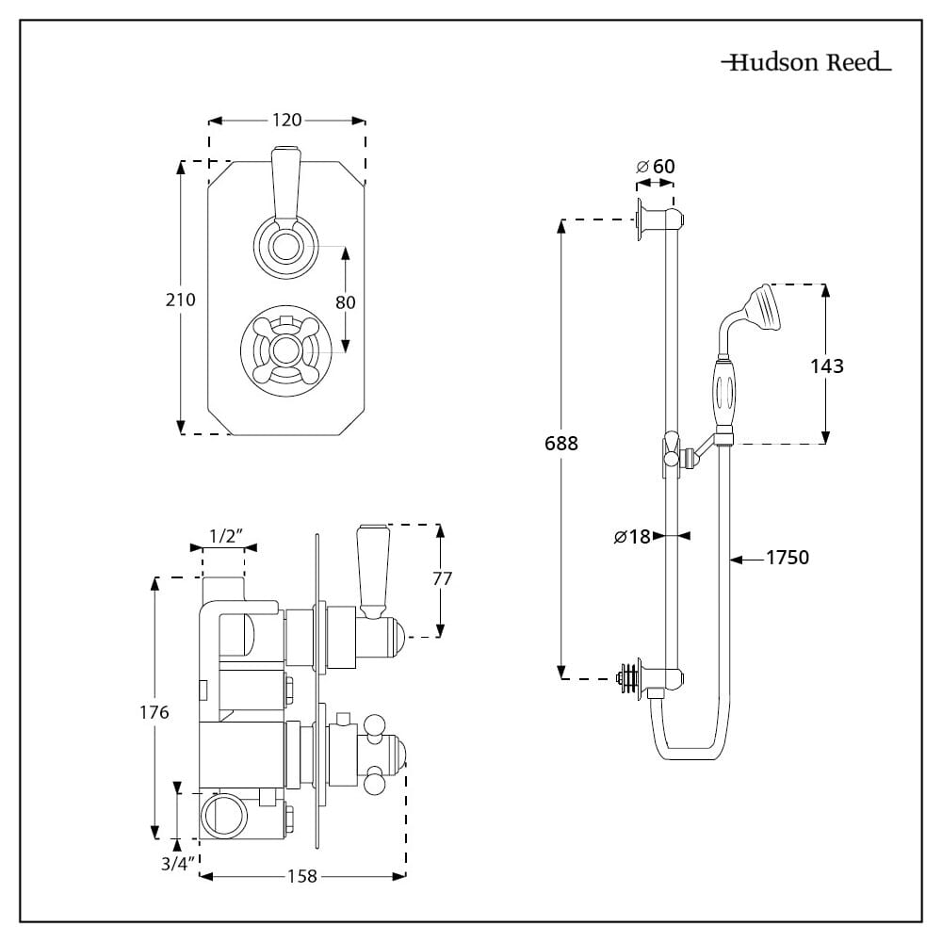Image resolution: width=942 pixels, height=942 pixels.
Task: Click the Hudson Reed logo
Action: point(806,62)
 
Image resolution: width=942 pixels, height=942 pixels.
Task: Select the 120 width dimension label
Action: point(286,121)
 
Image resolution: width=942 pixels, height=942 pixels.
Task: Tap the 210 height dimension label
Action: point(180,300)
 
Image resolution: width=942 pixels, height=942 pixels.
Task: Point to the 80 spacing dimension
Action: point(346,302)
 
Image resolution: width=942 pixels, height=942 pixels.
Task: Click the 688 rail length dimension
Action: point(561,444)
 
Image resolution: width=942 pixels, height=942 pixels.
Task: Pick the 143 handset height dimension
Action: point(827,365)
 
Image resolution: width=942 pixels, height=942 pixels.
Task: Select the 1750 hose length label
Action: point(788,558)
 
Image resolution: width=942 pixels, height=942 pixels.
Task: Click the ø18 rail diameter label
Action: point(633,536)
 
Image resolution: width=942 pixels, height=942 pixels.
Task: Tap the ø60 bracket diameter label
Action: point(656,166)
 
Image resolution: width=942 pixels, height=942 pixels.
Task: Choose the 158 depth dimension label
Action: point(301,876)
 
